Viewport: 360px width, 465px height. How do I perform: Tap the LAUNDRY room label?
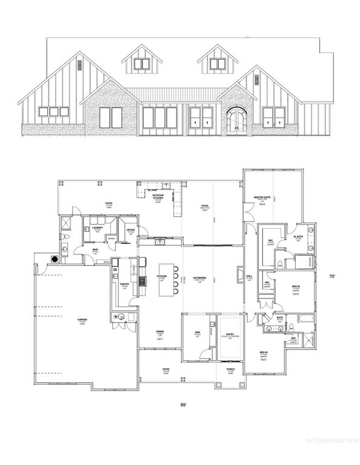click(98, 228)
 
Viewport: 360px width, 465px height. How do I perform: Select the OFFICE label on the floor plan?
click(130, 230)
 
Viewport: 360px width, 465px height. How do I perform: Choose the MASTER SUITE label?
click(262, 197)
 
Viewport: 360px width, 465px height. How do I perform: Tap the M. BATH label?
click(298, 237)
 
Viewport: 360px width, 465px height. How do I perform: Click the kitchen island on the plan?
click(165, 280)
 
